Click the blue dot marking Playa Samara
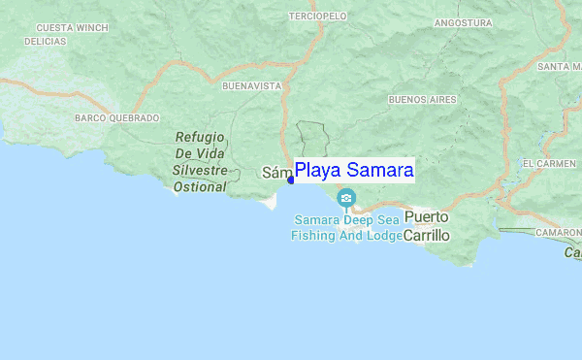click(291, 180)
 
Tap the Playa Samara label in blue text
click(354, 171)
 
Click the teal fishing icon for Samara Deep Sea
click(346, 199)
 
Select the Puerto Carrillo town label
click(428, 226)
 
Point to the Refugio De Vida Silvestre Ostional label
click(201, 162)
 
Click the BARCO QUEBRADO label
click(116, 117)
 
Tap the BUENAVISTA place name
click(251, 86)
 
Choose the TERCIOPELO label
click(318, 16)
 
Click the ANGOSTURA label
click(463, 22)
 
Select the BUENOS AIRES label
click(422, 100)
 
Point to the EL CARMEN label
click(549, 164)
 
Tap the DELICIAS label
click(46, 43)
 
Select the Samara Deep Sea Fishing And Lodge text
click(346, 227)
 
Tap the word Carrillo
click(428, 236)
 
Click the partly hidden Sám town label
click(276, 173)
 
